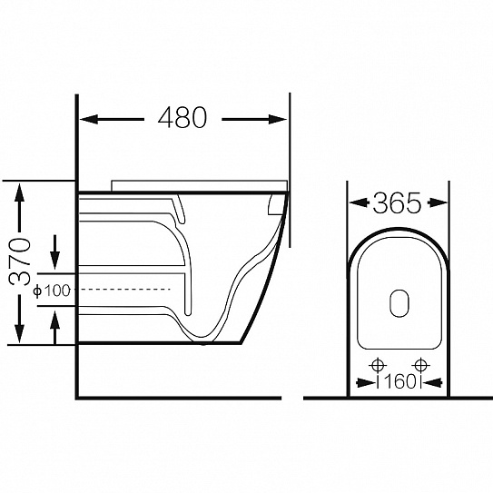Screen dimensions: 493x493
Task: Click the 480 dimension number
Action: coord(182,117)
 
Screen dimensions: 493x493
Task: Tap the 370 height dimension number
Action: coord(20,261)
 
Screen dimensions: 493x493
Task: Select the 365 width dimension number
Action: coord(397,202)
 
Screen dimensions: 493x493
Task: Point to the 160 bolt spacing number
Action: coord(399,382)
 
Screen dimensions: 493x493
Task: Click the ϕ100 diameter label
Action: coord(52,291)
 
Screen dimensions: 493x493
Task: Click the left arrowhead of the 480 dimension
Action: coord(89,120)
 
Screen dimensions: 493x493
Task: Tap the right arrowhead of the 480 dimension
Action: coord(278,120)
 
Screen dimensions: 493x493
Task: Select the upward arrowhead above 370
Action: coord(19,192)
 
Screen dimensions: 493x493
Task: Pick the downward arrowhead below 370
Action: coord(19,333)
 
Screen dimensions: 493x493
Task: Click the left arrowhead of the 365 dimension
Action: coord(359,202)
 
